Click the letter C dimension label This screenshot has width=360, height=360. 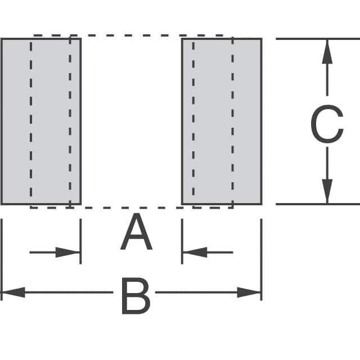pyautogui.click(x=327, y=126)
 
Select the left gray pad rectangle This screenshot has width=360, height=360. pyautogui.click(x=41, y=121)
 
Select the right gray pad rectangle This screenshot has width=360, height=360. pyautogui.click(x=222, y=121)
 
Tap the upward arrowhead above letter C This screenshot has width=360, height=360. pyautogui.click(x=327, y=51)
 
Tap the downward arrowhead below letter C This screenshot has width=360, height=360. pyautogui.click(x=327, y=192)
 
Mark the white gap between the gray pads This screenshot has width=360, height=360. pyautogui.click(x=131, y=121)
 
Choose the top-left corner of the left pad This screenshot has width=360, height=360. pyautogui.click(x=2, y=39)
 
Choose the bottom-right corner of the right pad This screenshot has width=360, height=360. pyautogui.click(x=261, y=204)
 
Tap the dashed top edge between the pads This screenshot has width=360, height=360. pyautogui.click(x=131, y=35)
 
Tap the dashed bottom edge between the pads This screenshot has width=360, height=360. pyautogui.click(x=131, y=208)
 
